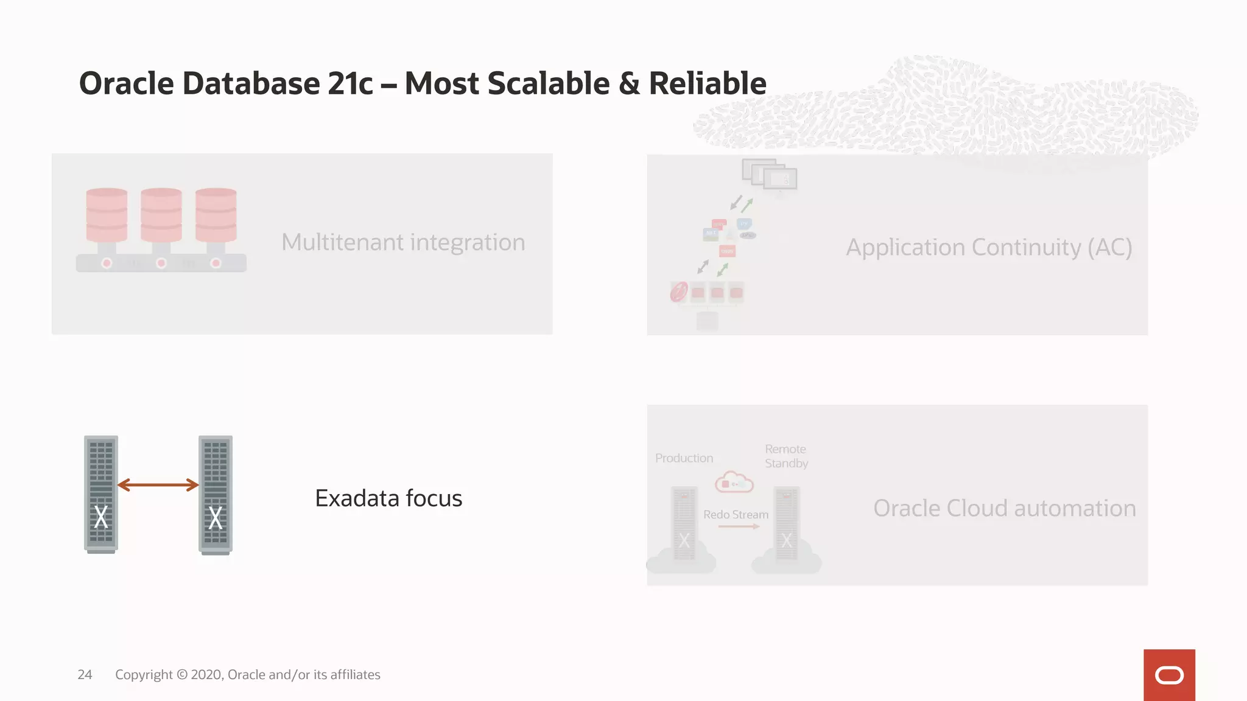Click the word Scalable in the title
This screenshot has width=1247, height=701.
point(548,83)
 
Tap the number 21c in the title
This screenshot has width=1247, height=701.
point(350,83)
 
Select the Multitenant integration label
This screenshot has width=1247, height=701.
point(402,242)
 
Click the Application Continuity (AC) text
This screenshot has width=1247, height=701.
point(988,247)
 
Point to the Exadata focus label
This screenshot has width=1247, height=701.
point(388,498)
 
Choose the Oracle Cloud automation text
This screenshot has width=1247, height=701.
point(1004,508)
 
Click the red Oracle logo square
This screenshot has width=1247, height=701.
point(1168,675)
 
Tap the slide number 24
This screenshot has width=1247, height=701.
point(85,674)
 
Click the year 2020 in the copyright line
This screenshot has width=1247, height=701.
point(206,674)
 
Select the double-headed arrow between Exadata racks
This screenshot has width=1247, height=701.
point(158,485)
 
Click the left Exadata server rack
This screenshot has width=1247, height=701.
point(101,493)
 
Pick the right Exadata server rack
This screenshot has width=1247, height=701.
point(216,493)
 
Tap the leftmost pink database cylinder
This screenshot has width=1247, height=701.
point(107,215)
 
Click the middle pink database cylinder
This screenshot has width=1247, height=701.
point(161,215)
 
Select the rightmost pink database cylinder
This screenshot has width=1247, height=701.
point(216,215)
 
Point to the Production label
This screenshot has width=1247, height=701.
point(684,458)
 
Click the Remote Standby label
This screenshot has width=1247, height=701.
point(786,456)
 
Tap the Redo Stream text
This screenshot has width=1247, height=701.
point(736,515)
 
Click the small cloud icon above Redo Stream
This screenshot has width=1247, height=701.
point(734,482)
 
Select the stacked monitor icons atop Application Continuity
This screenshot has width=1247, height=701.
point(770,175)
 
